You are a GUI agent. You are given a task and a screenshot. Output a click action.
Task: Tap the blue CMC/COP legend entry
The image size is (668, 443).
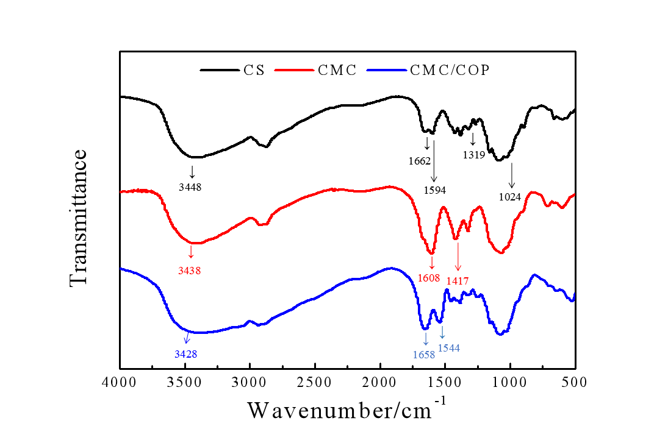click(x=448, y=70)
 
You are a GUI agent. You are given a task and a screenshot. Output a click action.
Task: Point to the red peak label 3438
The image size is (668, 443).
click(x=190, y=270)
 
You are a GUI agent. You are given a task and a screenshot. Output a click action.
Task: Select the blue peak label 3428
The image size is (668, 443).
click(x=185, y=353)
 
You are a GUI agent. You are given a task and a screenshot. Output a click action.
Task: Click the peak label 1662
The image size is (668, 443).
click(x=421, y=161)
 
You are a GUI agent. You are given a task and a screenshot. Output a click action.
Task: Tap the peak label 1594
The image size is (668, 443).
click(x=435, y=190)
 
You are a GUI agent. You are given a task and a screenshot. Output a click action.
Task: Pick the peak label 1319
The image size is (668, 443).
click(x=473, y=155)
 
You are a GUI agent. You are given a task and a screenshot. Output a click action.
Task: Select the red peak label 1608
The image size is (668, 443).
click(x=429, y=277)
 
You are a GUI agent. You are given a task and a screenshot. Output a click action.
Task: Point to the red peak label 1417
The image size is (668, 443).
click(x=458, y=281)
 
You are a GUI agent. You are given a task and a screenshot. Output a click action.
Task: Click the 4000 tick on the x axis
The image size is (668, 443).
click(x=120, y=383)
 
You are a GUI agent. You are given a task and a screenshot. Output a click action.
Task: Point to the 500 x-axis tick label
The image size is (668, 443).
click(x=574, y=383)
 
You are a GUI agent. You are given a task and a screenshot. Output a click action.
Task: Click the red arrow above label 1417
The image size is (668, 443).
click(x=458, y=257)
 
